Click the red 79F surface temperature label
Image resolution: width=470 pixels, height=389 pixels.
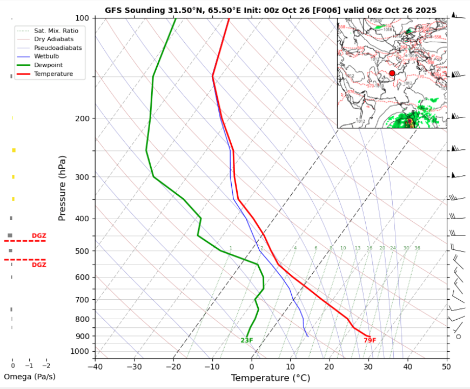click(370, 340)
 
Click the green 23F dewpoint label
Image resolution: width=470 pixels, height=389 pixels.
click(247, 340)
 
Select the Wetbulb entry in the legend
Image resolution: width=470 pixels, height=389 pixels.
click(46, 56)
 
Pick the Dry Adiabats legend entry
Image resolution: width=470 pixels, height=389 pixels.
click(53, 39)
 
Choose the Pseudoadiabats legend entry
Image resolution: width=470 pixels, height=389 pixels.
click(58, 48)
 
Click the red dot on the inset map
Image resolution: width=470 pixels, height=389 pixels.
click(392, 73)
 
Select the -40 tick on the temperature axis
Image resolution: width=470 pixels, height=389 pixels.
click(95, 367)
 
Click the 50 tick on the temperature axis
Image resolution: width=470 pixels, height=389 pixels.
click(446, 367)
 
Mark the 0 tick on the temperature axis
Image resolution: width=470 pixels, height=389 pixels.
click(252, 367)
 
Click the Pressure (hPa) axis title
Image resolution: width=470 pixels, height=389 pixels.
click(62, 188)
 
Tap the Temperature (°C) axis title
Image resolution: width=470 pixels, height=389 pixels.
click(271, 378)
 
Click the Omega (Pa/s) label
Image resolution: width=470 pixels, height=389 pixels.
click(30, 377)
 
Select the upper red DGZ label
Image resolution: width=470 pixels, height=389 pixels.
click(39, 236)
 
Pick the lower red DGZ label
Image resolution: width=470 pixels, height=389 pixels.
click(39, 265)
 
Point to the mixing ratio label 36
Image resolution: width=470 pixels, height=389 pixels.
click(417, 248)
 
